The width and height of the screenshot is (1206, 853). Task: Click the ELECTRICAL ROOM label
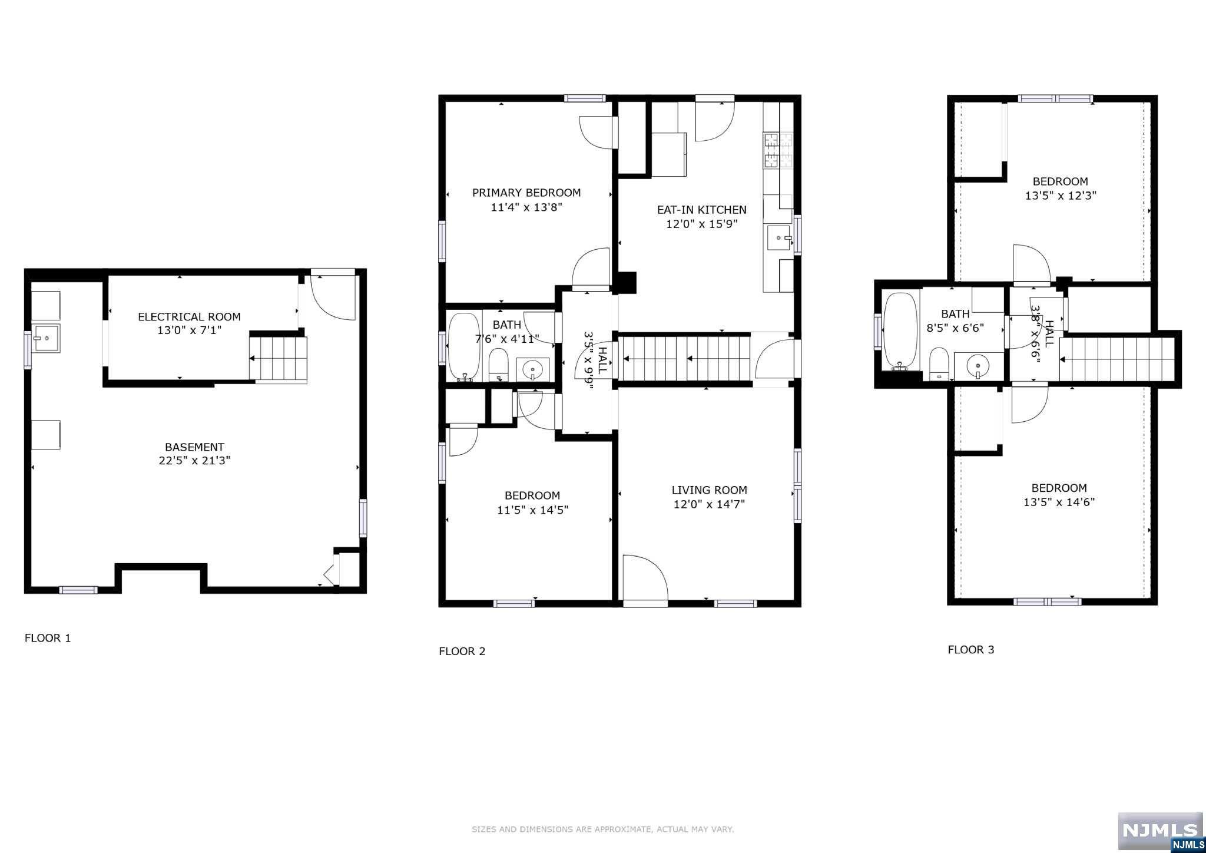click(189, 317)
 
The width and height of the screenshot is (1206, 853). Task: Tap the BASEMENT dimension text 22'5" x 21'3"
click(194, 461)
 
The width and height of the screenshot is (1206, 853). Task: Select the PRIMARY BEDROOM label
click(526, 193)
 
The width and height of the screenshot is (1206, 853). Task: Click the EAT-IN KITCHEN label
click(702, 210)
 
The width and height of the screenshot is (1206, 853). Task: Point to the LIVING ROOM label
click(710, 490)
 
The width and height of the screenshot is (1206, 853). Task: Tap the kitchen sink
click(779, 238)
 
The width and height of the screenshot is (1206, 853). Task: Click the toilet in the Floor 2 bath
click(499, 365)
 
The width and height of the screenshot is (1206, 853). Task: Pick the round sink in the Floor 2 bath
click(533, 369)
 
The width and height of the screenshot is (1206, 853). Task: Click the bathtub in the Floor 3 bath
click(900, 331)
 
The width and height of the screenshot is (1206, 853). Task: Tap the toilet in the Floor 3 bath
click(939, 363)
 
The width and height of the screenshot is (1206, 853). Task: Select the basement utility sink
click(46, 338)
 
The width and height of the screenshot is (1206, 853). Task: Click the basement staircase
click(278, 359)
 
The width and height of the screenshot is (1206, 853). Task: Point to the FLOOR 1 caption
click(48, 638)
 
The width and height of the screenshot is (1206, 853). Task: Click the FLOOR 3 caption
click(971, 650)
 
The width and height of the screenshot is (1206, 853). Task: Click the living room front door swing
click(645, 578)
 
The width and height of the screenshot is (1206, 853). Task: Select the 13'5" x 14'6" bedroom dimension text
click(1059, 502)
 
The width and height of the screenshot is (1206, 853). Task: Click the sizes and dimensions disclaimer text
click(603, 829)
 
